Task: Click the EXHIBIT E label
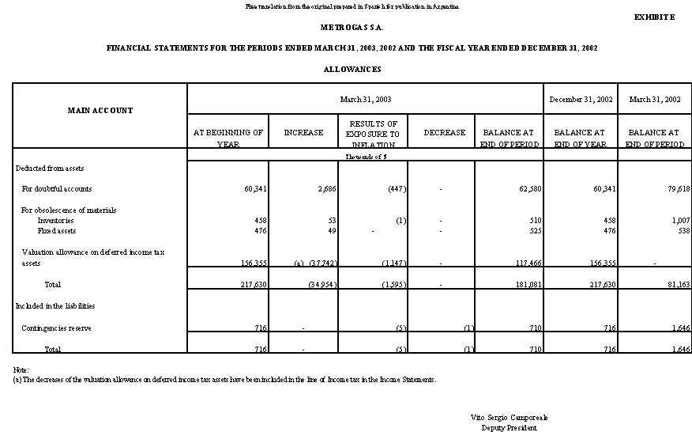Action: coord(654,17)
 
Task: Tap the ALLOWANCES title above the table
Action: coord(352,70)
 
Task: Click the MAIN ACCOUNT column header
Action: coord(100,111)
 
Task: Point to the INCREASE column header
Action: coord(303,133)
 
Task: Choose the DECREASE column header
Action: coord(445,133)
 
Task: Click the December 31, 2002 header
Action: coord(581,100)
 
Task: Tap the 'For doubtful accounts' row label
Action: coord(56,189)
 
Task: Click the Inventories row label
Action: coord(55,221)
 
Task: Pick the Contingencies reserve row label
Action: coord(58,328)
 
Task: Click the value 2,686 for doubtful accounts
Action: coord(327,189)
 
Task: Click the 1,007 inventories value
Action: coord(679,221)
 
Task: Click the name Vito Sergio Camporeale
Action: coord(509,417)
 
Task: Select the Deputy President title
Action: coord(509,427)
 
